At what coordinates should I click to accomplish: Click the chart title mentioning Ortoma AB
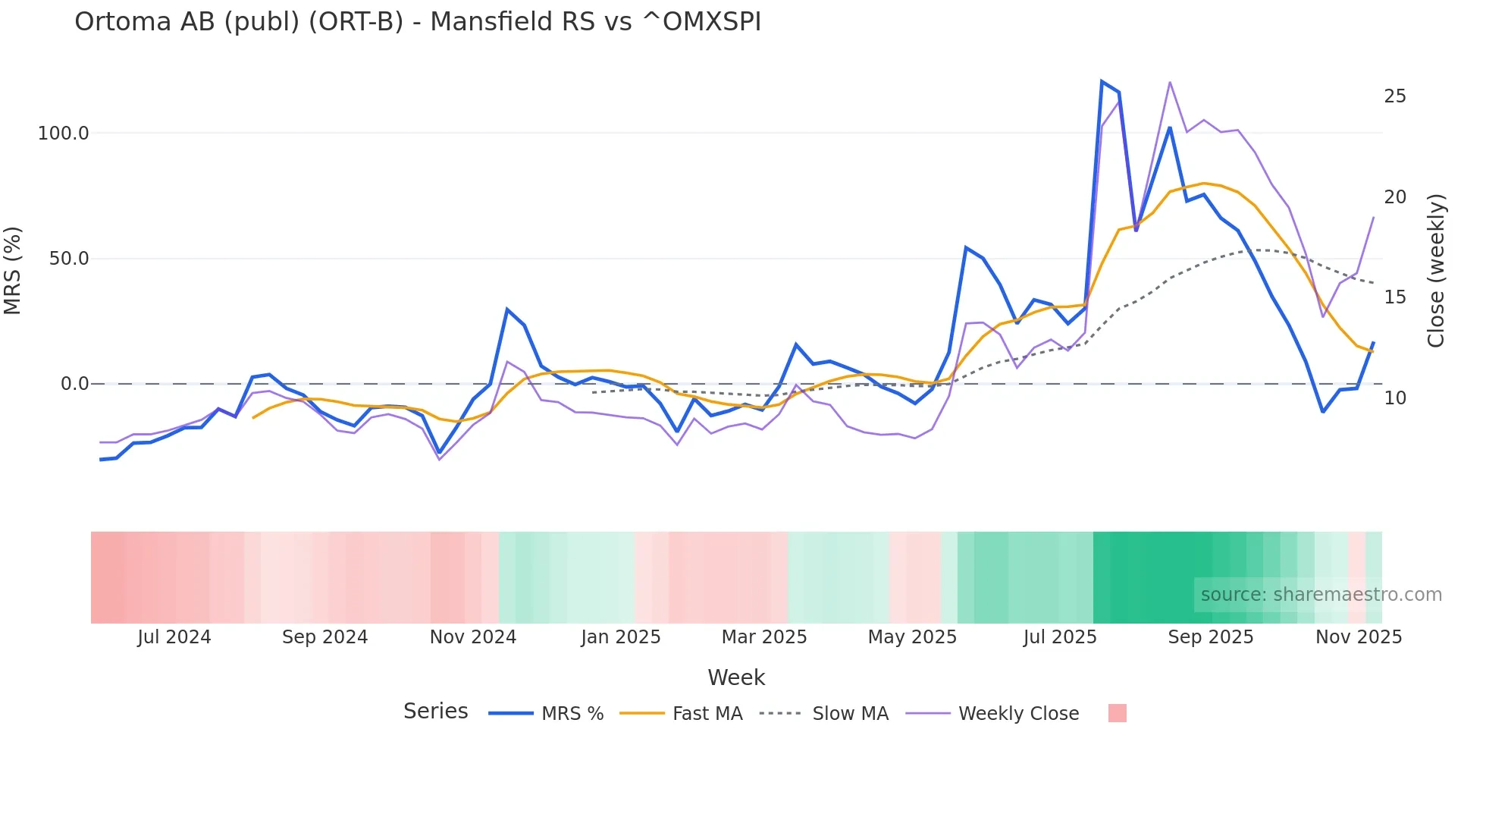(x=418, y=22)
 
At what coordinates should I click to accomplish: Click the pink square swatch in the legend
(x=1117, y=713)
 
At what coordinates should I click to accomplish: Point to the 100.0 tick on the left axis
(x=64, y=134)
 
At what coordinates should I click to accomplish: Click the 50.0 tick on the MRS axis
(x=69, y=259)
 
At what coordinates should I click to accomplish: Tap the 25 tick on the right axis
(x=1395, y=96)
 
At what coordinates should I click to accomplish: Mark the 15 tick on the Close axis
(x=1395, y=297)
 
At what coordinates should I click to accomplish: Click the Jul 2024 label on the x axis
(x=174, y=637)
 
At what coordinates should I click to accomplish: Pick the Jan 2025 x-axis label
(x=621, y=637)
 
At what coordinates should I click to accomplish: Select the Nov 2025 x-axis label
(x=1359, y=637)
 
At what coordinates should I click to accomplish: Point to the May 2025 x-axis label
(x=912, y=637)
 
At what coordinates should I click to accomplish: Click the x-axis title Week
(x=736, y=677)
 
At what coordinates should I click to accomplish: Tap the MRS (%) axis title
(x=13, y=270)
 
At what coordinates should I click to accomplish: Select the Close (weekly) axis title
(x=1436, y=271)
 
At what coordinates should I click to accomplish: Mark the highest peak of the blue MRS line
(x=1102, y=81)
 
